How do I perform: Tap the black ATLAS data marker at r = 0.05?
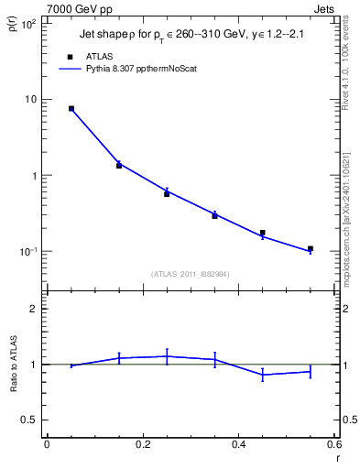pos(71,108)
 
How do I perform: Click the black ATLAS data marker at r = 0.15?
pos(119,166)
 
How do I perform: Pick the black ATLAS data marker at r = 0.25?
pos(167,194)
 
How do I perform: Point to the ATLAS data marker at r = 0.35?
pos(214,215)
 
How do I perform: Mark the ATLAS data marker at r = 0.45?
pos(263,233)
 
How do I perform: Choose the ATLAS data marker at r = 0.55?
pos(311,248)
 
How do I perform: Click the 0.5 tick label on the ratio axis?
pos(28,420)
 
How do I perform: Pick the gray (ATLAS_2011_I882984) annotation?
pos(191,274)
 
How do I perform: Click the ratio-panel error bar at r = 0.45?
pos(263,374)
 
